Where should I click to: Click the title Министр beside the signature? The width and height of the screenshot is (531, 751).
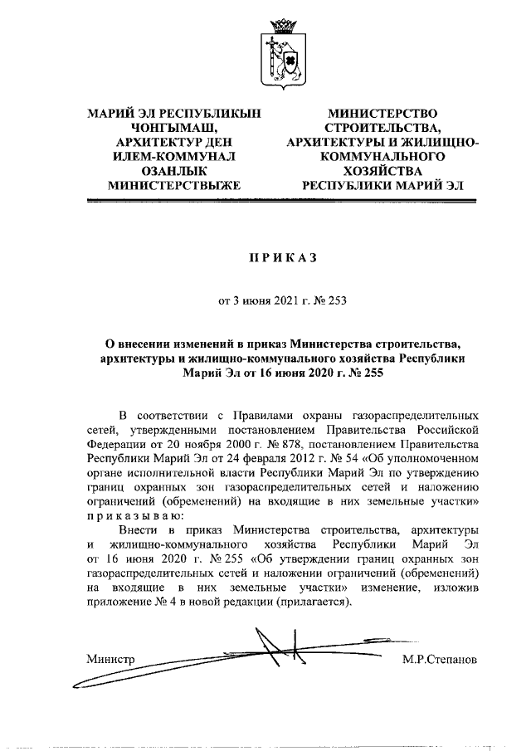pyautogui.click(x=110, y=659)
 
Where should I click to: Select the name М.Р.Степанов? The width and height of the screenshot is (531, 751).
pyautogui.click(x=439, y=659)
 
